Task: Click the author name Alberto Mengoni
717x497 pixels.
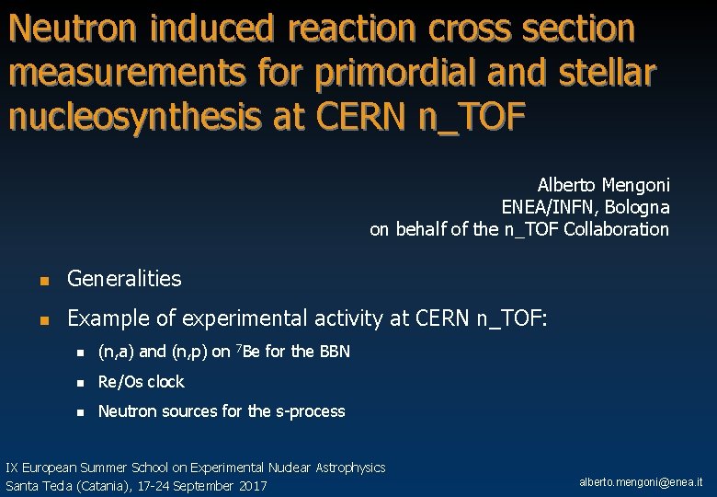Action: pos(603,184)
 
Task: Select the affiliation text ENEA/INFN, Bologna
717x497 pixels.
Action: pos(585,207)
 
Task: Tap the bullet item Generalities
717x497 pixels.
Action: pos(124,278)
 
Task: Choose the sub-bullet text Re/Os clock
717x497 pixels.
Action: pos(141,381)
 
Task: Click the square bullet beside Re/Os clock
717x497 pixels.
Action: pos(80,382)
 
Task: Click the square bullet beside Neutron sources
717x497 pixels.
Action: pos(80,411)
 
